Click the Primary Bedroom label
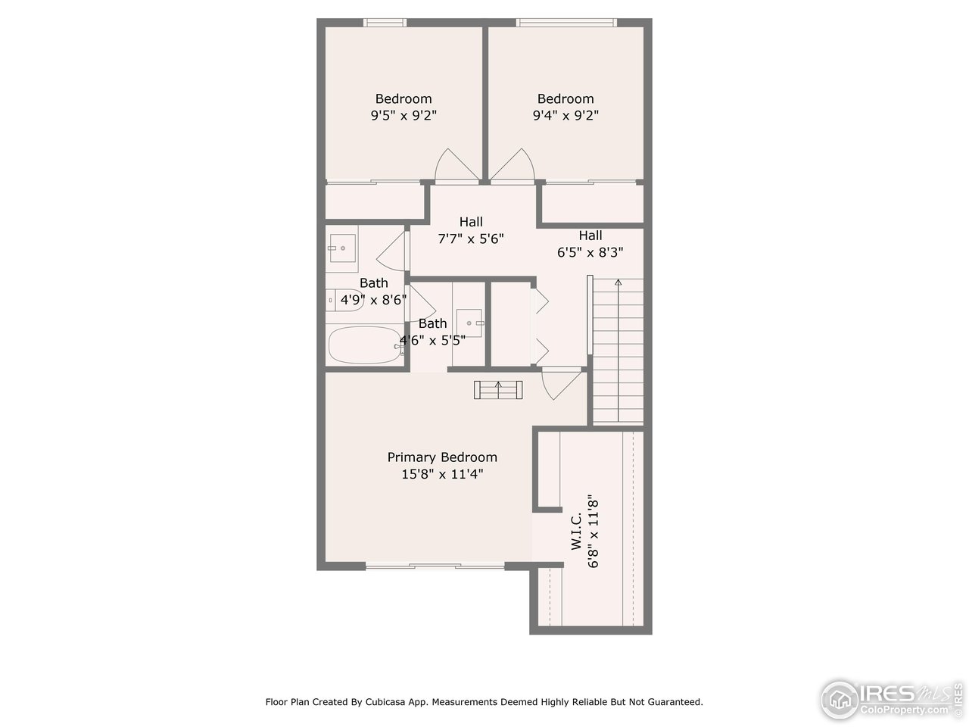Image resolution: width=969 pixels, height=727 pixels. [x=442, y=457]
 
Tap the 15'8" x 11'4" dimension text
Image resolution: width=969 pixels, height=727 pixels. [x=442, y=475]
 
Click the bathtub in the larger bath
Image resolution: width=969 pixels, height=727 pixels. [x=366, y=346]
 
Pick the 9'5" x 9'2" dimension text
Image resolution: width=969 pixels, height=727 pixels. [x=403, y=116]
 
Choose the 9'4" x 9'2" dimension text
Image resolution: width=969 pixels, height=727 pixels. [x=566, y=116]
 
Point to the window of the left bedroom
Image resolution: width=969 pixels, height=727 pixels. [x=385, y=23]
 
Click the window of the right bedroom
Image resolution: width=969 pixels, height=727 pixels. [x=566, y=23]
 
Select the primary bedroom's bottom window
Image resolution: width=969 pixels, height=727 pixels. [x=435, y=566]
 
